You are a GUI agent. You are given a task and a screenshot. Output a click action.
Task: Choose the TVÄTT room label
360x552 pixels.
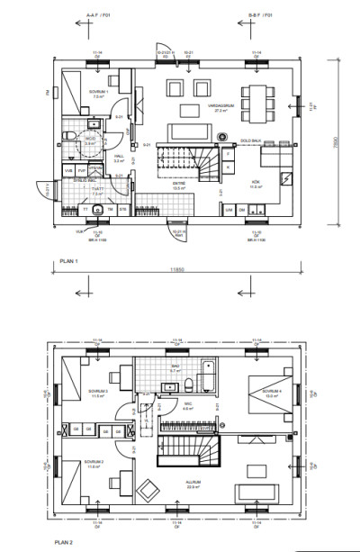point(97,190)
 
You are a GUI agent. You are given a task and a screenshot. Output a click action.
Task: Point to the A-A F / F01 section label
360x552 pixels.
point(99,15)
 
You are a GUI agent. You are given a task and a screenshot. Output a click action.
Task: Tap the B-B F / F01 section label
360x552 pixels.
point(260,15)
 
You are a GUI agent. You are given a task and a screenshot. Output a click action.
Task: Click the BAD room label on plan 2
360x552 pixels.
point(176,367)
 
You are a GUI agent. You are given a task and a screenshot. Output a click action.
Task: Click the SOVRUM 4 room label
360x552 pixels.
point(273,392)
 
